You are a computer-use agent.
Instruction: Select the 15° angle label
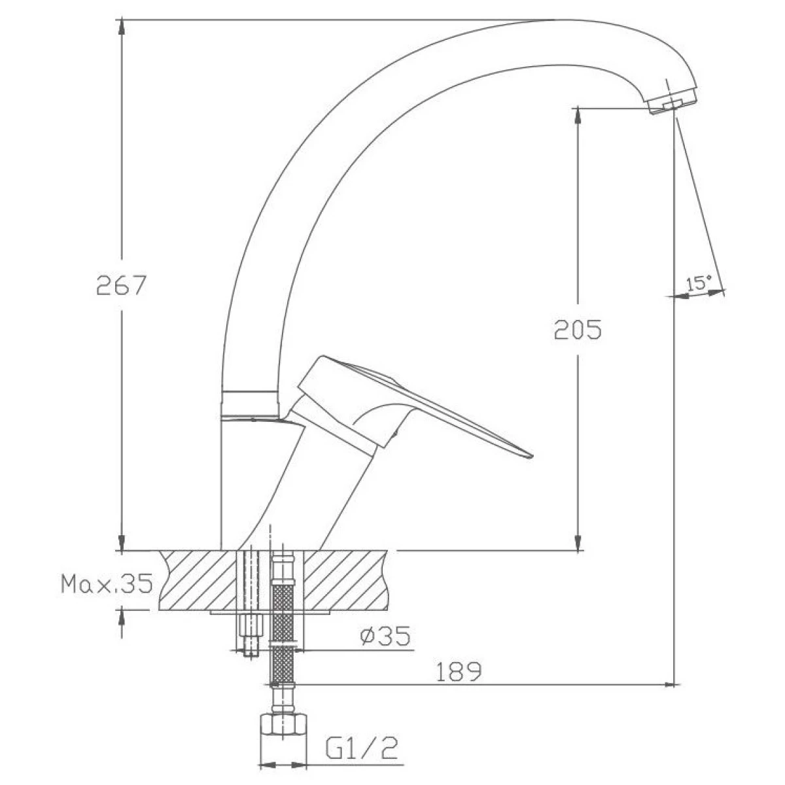pos(699,283)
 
